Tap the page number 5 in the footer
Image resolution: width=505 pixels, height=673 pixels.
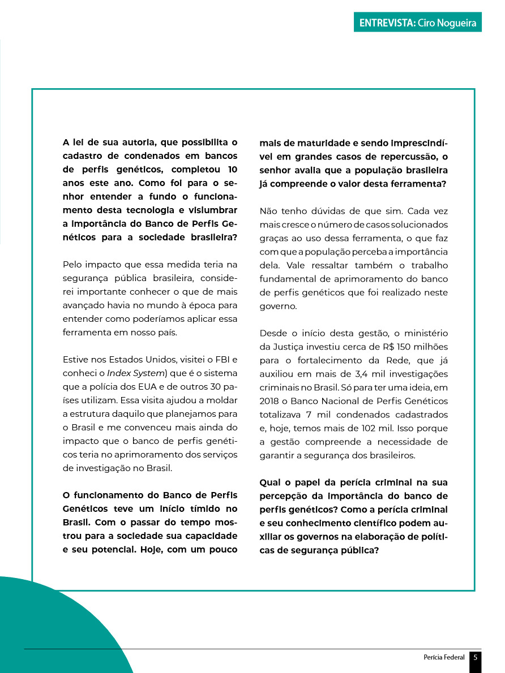[x=476, y=657]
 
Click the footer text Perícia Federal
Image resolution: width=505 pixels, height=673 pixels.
[x=444, y=657]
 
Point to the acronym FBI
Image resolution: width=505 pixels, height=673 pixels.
[x=222, y=360]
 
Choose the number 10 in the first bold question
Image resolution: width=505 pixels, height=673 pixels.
[x=232, y=170]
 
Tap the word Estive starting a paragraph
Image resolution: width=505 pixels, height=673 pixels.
[x=75, y=360]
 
